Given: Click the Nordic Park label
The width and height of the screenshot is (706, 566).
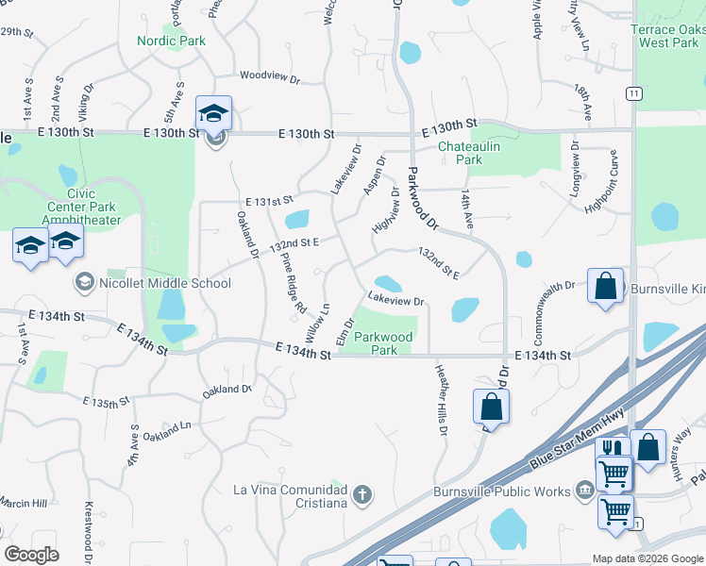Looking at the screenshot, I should [171, 41].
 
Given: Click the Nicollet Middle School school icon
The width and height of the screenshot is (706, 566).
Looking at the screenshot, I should [84, 282].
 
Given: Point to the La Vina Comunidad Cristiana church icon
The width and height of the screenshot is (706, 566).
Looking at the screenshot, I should [361, 493].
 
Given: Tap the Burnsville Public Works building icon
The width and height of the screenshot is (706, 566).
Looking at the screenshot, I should [584, 489].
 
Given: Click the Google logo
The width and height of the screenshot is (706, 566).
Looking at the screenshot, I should [32, 555].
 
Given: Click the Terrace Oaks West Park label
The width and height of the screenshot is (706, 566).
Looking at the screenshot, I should [668, 36].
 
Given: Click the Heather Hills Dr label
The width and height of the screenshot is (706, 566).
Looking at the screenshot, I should [441, 400].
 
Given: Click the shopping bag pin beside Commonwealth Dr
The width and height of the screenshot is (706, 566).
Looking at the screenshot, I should [604, 286].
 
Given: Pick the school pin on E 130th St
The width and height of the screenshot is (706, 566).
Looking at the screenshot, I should [213, 113].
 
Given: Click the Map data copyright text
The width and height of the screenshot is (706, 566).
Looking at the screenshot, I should [647, 558].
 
